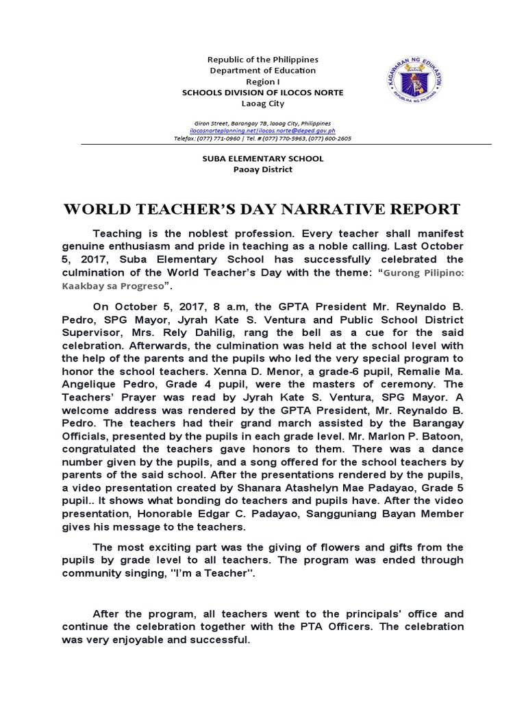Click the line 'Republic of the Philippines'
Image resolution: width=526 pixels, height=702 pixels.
[263, 60]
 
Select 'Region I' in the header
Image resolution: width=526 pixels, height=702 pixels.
[263, 82]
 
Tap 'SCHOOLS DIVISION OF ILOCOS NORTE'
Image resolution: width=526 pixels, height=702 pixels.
[263, 93]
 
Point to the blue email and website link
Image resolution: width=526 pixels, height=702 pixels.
[263, 130]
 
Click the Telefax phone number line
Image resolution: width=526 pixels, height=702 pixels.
[263, 138]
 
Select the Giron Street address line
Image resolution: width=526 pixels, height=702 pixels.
[263, 121]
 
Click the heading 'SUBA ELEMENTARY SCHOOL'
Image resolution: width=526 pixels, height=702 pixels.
[263, 158]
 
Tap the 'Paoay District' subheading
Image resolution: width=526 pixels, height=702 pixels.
[263, 169]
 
